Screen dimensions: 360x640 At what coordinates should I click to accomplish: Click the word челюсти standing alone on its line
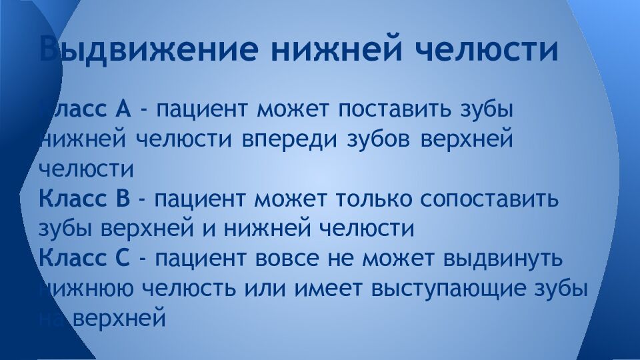click(87, 169)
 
